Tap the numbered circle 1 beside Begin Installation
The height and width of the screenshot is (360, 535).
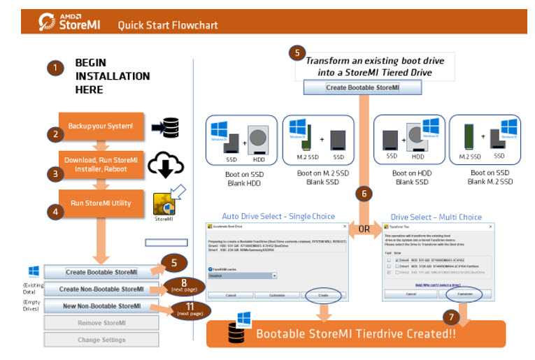(x=55, y=68)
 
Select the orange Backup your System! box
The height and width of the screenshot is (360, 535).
(x=101, y=127)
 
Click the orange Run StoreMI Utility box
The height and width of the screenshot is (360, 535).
(x=101, y=203)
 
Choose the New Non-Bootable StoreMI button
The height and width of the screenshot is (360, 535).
(x=101, y=306)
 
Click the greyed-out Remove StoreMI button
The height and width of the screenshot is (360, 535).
(x=101, y=323)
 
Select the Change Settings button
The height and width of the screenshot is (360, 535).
(x=101, y=340)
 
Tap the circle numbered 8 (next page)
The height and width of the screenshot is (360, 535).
(x=184, y=286)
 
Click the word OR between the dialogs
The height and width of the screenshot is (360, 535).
(x=364, y=229)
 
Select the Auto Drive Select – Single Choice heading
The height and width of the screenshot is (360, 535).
(x=278, y=216)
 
